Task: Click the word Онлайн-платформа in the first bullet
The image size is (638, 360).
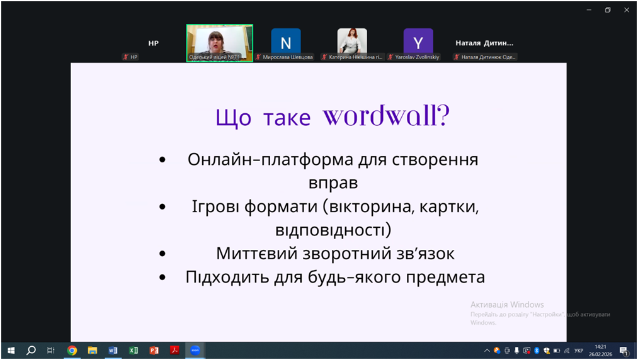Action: coord(270,159)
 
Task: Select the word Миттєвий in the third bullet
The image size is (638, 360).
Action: coord(257,254)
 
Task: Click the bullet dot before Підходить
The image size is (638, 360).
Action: coord(162,278)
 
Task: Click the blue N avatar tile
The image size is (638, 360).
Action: coord(286,41)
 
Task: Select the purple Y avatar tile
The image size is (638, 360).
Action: coord(418,41)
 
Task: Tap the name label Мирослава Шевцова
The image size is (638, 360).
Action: coord(288,57)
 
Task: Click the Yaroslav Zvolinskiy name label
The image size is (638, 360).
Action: coord(417,57)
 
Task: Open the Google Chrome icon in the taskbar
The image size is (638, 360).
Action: coord(72,350)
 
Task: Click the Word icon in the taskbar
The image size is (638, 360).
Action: coord(113,350)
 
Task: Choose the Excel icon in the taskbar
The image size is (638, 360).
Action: coord(134,350)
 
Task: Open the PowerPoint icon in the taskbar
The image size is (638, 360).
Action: coord(154,350)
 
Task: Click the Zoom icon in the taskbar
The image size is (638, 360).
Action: coord(195,350)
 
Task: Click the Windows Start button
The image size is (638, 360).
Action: coord(11,350)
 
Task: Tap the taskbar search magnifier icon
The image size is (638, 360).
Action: coord(31,350)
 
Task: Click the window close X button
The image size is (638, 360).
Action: coord(627,10)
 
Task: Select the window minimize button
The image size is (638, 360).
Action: coord(589,10)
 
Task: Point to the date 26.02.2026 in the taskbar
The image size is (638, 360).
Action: coord(601,354)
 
